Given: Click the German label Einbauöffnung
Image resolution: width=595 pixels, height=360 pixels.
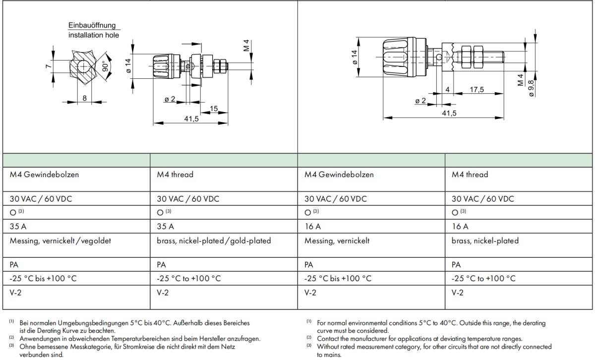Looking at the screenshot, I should point(92,26).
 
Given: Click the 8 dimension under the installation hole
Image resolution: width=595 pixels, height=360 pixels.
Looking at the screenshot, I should point(85,98).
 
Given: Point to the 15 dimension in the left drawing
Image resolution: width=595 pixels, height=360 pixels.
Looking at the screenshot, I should point(214,109).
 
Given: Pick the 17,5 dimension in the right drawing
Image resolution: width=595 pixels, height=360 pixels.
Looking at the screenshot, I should point(477,89).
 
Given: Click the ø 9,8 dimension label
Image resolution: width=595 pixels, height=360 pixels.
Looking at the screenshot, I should point(531,87).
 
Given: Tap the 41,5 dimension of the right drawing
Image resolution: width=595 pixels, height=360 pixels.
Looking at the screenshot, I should point(449,114).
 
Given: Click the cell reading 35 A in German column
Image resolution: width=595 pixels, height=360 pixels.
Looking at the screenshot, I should point(18,227).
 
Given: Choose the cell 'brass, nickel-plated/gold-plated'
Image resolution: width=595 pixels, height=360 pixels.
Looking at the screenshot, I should point(214,241).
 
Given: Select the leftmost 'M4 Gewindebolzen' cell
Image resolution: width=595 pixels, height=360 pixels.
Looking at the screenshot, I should point(44,175).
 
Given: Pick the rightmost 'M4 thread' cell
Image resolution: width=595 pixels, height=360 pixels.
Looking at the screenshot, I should point(470,175).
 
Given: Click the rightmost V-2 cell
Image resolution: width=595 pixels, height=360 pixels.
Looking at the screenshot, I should point(459,293).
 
